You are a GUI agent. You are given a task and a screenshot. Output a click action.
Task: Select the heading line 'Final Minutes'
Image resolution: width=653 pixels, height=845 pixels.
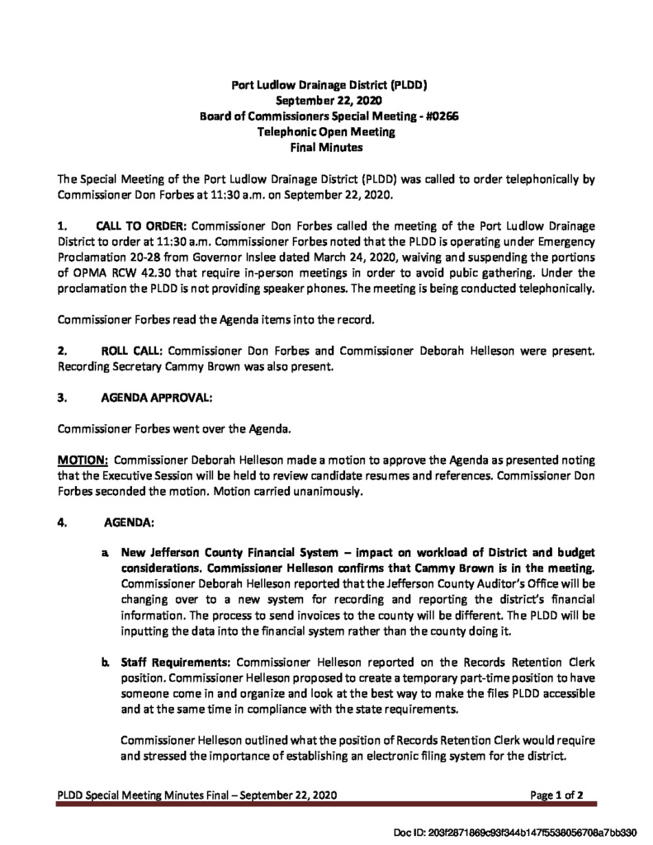(327, 148)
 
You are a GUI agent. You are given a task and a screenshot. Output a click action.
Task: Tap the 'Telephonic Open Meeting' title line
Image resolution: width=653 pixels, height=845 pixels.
(327, 132)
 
